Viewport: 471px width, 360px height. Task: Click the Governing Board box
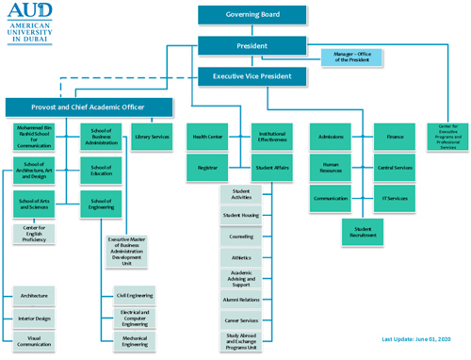point(252,15)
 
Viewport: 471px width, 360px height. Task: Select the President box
point(252,45)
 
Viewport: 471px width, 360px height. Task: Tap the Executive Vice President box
point(252,76)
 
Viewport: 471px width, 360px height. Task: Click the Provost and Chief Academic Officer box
point(89,107)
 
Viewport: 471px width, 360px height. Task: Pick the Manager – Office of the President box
point(353,58)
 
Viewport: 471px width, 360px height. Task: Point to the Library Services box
point(153,138)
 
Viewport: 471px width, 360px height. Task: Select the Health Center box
point(207,138)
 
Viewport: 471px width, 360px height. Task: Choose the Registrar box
point(207,168)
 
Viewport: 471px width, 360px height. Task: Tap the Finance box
point(395,138)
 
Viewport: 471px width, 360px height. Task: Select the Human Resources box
point(331,168)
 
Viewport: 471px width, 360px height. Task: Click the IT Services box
point(395,199)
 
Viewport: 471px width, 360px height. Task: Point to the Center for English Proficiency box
point(34,233)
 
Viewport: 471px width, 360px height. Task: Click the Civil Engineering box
point(136,295)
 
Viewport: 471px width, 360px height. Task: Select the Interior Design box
point(34,319)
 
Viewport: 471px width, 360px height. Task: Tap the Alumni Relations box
point(241,299)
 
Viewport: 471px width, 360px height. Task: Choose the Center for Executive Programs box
point(447,138)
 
